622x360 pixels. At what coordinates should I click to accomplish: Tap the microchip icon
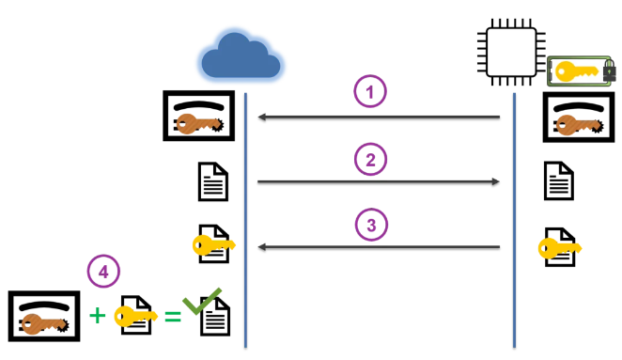pyautogui.click(x=511, y=52)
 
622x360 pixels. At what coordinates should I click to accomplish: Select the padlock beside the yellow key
pyautogui.click(x=609, y=70)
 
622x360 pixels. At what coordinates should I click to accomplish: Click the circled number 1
pyautogui.click(x=369, y=91)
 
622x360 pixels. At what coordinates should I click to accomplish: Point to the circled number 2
pyautogui.click(x=370, y=159)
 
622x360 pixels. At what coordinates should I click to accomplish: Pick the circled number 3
pyautogui.click(x=371, y=225)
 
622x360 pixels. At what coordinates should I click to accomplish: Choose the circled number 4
pyautogui.click(x=103, y=272)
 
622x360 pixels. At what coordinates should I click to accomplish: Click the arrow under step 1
pyautogui.click(x=379, y=117)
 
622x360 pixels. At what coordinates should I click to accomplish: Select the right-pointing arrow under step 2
pyautogui.click(x=379, y=181)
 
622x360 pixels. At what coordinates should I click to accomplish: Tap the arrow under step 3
pyautogui.click(x=379, y=247)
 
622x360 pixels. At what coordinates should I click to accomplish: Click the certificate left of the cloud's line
pyautogui.click(x=199, y=116)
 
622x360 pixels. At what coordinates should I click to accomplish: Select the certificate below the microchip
pyautogui.click(x=579, y=117)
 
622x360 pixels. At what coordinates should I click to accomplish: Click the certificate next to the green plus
pyautogui.click(x=44, y=316)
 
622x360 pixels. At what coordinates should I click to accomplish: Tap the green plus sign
pyautogui.click(x=97, y=316)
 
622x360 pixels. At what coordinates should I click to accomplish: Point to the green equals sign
pyautogui.click(x=173, y=317)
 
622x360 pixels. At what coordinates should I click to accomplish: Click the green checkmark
pyautogui.click(x=201, y=302)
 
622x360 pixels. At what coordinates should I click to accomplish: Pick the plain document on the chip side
pyautogui.click(x=559, y=180)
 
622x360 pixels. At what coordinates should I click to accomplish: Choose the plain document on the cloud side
pyautogui.click(x=213, y=181)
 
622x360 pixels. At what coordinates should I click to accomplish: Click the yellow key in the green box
pyautogui.click(x=576, y=71)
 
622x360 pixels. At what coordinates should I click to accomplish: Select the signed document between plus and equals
pyautogui.click(x=136, y=315)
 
